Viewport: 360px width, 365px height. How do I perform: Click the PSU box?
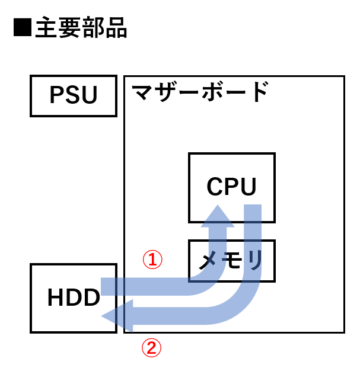click(74, 95)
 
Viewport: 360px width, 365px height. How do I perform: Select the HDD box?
click(74, 297)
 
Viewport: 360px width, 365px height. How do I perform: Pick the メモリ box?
click(231, 261)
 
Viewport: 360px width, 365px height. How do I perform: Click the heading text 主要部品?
click(81, 28)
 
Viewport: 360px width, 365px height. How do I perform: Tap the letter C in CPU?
click(215, 187)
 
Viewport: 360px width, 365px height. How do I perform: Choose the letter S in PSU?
click(74, 95)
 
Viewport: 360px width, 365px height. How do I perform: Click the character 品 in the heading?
click(116, 28)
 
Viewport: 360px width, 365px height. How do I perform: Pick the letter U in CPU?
click(249, 187)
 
